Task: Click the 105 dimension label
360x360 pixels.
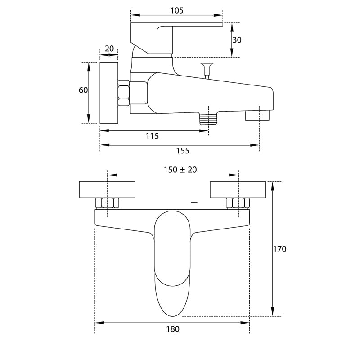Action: [x=177, y=10]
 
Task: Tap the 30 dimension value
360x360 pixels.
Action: [x=237, y=40]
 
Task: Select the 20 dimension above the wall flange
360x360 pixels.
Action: [x=109, y=49]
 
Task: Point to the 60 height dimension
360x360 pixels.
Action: [x=83, y=90]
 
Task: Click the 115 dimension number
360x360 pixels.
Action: [x=152, y=136]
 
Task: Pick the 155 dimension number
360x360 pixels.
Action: [x=183, y=151]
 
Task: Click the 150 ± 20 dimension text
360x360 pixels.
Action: [x=180, y=170]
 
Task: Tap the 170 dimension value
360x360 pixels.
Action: [x=279, y=249]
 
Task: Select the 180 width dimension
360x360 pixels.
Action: [x=173, y=329]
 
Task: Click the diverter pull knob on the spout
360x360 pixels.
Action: [x=207, y=71]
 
